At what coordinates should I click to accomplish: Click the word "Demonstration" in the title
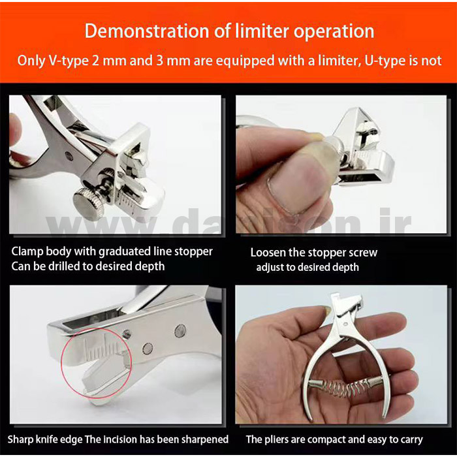point(147,31)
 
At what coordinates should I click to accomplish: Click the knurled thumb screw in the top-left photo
point(89,203)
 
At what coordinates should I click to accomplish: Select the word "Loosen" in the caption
point(268,253)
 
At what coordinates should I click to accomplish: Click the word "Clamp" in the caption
point(27,252)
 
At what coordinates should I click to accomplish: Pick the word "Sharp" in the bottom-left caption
point(19,440)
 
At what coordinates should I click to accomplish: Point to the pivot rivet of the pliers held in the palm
point(345,324)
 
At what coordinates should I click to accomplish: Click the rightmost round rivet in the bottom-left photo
point(180,331)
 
